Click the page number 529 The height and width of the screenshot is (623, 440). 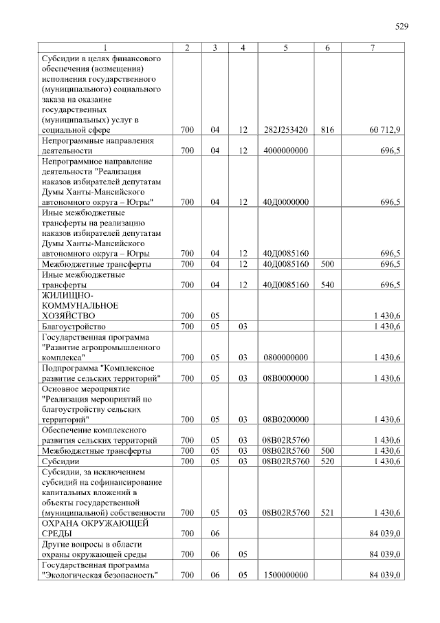click(x=401, y=27)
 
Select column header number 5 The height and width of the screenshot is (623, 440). click(x=285, y=47)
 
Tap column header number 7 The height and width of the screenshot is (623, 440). click(x=373, y=47)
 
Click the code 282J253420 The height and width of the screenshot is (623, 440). click(x=285, y=129)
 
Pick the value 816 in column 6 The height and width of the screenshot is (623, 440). click(x=327, y=129)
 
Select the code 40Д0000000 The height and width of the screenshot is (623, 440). click(x=285, y=201)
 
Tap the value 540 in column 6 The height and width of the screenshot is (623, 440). click(x=327, y=284)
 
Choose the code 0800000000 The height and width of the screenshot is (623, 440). click(x=285, y=357)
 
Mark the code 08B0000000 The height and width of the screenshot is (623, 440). click(x=285, y=378)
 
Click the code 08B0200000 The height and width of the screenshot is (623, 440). click(x=285, y=419)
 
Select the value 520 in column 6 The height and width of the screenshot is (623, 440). click(x=327, y=461)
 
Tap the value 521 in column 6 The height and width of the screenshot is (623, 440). click(x=327, y=512)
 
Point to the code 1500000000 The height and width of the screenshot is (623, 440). click(x=285, y=574)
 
